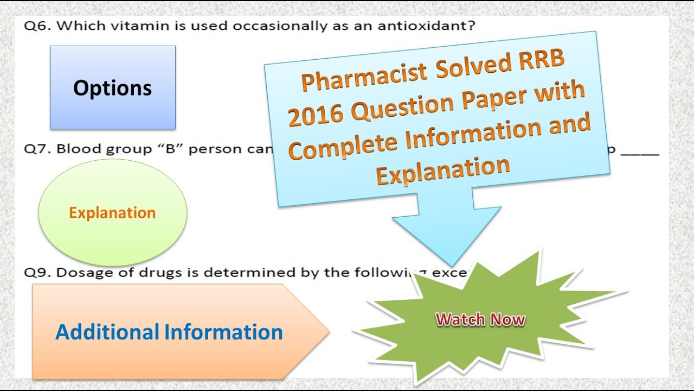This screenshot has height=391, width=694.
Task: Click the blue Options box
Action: pos(113,87)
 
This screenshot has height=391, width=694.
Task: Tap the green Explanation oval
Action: pos(113,212)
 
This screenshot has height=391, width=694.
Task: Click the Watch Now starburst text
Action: pos(480,319)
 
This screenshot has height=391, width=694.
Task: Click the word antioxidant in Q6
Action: pos(428,26)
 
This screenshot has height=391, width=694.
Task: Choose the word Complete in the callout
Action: pos(348,146)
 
